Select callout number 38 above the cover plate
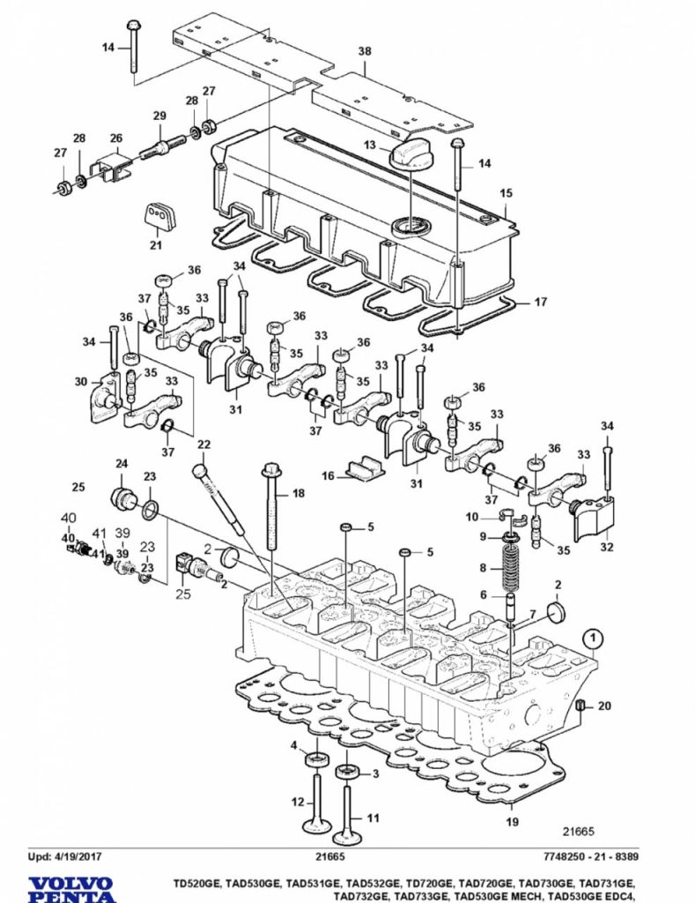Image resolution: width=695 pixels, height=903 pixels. [365, 51]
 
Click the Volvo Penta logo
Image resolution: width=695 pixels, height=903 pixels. [71, 890]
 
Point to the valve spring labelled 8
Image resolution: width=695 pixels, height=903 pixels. [509, 570]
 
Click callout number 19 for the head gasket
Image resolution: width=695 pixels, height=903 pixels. [512, 822]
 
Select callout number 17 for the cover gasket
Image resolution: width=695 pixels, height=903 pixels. [541, 302]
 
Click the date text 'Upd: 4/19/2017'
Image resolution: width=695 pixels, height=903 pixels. [65, 856]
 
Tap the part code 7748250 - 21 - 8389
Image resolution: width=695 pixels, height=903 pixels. [590, 856]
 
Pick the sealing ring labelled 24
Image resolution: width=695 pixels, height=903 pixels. [122, 499]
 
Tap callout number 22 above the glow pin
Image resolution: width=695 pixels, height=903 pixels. [203, 445]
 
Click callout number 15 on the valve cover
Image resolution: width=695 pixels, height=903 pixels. [506, 193]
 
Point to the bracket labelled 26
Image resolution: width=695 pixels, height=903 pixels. [114, 167]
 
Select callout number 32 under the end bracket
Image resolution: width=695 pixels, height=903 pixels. [606, 547]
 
